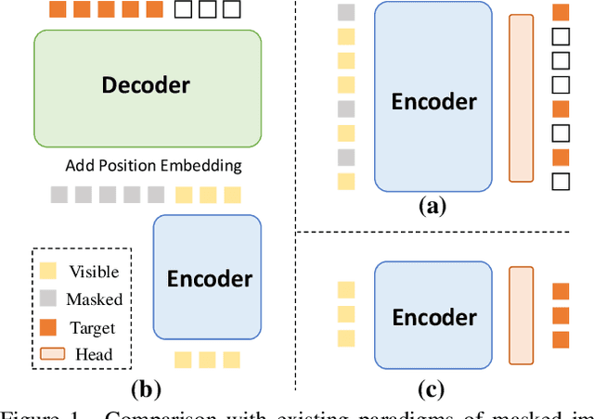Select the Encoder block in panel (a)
(x=433, y=97)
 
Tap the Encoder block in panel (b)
(x=207, y=277)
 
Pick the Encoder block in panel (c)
(x=433, y=316)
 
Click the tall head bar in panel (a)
(x=522, y=97)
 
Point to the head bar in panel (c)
(x=522, y=316)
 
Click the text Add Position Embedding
(x=153, y=166)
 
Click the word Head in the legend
(x=93, y=353)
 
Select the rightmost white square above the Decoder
(x=232, y=10)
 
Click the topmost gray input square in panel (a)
(x=346, y=13)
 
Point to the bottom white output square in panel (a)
(x=561, y=181)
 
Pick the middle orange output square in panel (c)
(x=561, y=314)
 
